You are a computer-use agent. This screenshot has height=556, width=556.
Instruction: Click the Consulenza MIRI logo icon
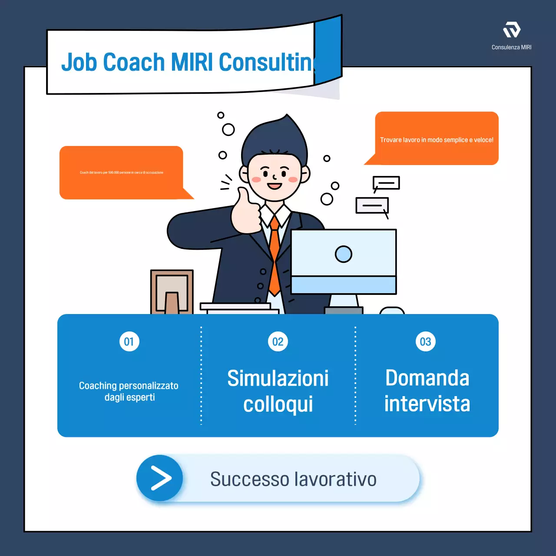click(512, 30)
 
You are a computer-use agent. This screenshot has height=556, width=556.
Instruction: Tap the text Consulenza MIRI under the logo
click(511, 47)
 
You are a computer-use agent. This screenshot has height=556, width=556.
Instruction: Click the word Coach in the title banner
click(134, 62)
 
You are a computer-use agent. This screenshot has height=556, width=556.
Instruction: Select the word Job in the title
click(79, 62)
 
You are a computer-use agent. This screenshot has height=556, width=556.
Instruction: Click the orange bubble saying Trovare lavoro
click(437, 139)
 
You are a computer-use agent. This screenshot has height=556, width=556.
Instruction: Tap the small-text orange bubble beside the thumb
click(122, 172)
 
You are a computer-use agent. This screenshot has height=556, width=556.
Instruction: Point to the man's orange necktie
click(275, 256)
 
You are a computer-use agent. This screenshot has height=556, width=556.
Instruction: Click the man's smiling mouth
click(275, 186)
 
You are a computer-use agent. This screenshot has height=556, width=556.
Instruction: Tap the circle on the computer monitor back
click(343, 254)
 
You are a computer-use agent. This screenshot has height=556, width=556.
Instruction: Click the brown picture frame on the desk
click(172, 291)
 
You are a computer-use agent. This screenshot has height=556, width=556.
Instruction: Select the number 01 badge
click(129, 342)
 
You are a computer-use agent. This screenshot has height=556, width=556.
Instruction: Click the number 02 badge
click(278, 342)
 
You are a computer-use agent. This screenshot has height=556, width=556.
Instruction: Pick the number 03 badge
click(426, 342)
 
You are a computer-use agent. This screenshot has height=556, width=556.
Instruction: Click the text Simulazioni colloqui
click(278, 391)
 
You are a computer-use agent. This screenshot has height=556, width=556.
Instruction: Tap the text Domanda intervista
click(427, 391)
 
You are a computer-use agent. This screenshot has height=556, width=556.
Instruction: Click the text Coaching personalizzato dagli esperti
click(129, 391)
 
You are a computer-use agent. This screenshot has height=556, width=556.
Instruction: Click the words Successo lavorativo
click(293, 479)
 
